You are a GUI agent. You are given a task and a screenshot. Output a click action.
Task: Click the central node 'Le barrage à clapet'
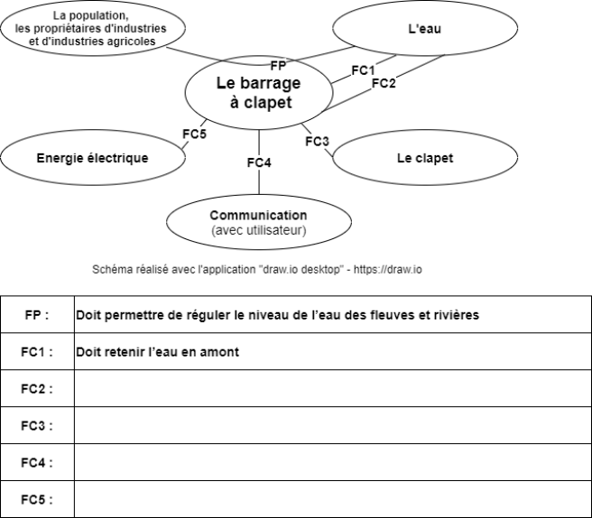259,92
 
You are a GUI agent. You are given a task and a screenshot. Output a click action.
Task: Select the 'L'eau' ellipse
425,28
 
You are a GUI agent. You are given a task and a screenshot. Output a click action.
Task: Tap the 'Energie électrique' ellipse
93,157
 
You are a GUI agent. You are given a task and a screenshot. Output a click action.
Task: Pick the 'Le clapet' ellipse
425,157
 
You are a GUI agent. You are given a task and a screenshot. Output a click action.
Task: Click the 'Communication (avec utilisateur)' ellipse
259,222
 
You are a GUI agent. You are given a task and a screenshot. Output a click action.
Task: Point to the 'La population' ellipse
93,28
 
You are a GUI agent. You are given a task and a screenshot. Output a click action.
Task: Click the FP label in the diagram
278,66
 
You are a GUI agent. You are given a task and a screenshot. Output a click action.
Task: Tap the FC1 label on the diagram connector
363,70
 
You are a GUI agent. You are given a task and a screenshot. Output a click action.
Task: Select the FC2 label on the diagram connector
384,83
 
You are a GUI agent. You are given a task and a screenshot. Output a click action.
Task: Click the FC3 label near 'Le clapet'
317,142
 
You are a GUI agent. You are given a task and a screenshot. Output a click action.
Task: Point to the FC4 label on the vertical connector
259,162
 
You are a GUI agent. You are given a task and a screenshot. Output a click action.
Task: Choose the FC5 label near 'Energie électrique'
194,134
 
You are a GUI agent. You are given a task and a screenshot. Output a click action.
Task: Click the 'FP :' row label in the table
37,314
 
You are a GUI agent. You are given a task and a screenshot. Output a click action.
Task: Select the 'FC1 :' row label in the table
37,352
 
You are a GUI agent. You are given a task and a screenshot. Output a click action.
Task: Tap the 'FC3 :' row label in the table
37,426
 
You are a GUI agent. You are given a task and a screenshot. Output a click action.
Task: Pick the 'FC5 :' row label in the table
37,500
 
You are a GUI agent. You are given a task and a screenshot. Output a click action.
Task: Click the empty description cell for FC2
333,388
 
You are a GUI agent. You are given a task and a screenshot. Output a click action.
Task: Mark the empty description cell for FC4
333,462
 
